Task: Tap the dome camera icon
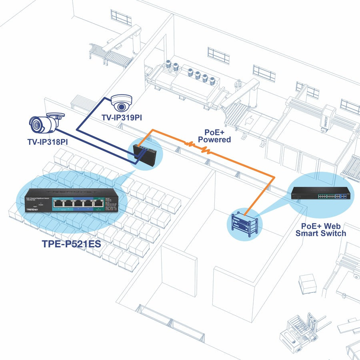pyautogui.click(x=121, y=103)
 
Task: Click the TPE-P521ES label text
pyautogui.click(x=71, y=244)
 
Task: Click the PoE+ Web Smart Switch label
pyautogui.click(x=321, y=229)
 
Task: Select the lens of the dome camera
pyautogui.click(x=121, y=106)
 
